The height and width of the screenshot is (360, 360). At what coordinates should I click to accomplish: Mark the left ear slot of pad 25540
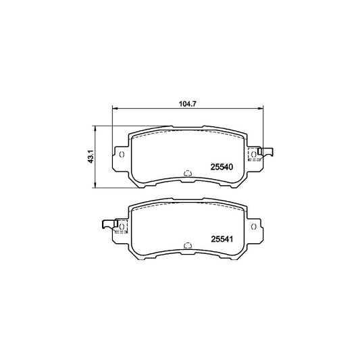[x=121, y=155]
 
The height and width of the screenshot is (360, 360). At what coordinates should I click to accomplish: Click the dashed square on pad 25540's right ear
[x=253, y=155]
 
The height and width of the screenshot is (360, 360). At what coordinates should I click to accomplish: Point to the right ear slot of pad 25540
[x=254, y=155]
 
